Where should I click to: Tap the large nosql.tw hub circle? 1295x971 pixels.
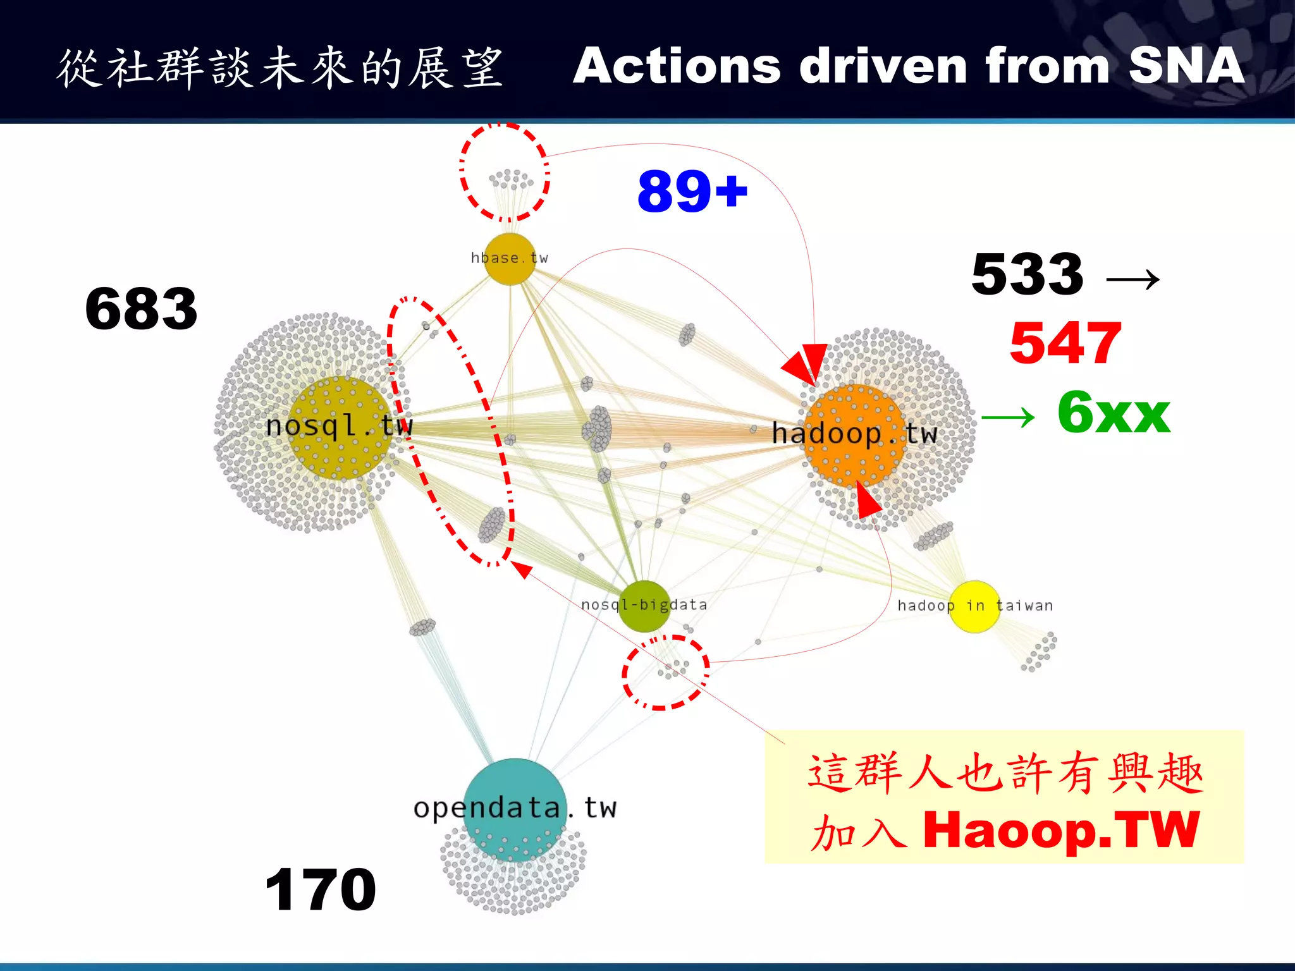340,427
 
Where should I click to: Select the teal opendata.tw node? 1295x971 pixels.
515,809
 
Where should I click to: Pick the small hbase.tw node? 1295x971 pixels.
510,259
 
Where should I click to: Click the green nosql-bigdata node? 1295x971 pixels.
643,606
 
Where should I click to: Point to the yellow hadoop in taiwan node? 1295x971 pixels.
974,606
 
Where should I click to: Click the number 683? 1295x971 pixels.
142,308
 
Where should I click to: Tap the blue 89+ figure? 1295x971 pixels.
692,191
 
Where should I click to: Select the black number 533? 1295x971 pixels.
1028,274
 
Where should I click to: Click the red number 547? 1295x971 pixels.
1065,343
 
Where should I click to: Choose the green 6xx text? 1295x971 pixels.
1114,413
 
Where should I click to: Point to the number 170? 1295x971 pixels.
321,889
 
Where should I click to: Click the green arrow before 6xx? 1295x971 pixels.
1008,417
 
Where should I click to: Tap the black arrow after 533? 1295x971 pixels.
1133,278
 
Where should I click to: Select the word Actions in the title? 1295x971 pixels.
677,66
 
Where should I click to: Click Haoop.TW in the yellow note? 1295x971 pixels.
1061,829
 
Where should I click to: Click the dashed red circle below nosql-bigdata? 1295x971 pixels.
666,673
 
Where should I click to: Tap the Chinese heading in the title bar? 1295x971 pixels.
280,68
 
